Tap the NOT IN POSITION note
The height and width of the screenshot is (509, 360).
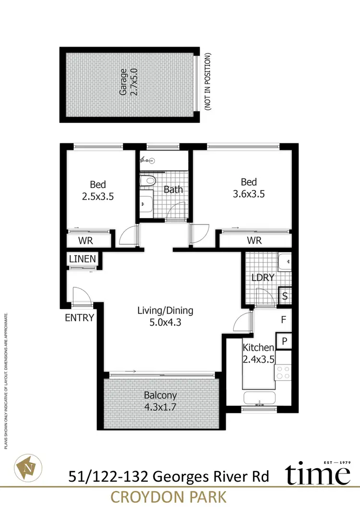(x=208, y=83)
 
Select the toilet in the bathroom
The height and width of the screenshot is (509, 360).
(x=148, y=181)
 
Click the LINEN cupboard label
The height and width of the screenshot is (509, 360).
(x=83, y=259)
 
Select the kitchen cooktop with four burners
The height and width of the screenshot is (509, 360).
(x=283, y=372)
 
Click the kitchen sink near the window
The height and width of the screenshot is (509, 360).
(x=260, y=398)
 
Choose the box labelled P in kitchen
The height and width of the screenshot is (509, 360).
(x=284, y=341)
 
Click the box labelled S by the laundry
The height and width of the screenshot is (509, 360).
(x=285, y=296)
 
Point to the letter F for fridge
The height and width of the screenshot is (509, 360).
(x=283, y=319)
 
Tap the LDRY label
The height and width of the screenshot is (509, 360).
(x=263, y=278)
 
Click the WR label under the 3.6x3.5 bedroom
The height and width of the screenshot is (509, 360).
(x=255, y=240)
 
